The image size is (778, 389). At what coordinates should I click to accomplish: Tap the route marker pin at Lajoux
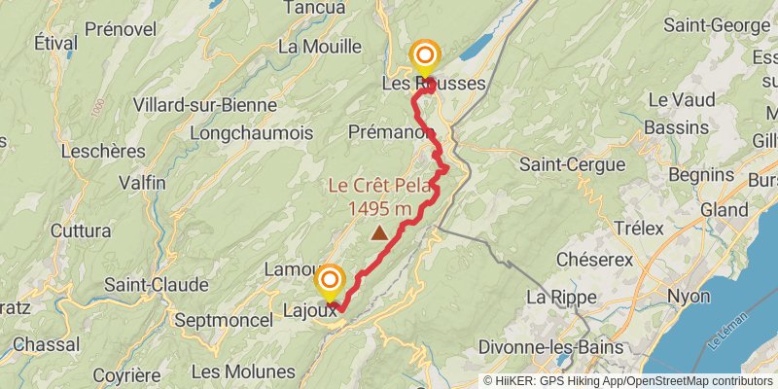click(x=329, y=281)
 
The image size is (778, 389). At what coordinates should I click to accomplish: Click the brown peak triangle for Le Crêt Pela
click(x=378, y=233)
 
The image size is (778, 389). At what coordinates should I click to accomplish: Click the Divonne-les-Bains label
click(x=558, y=347)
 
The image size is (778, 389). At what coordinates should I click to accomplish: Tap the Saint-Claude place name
click(x=157, y=285)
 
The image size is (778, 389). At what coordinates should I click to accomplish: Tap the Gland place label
click(x=725, y=209)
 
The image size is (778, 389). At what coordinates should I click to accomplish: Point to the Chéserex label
click(x=594, y=260)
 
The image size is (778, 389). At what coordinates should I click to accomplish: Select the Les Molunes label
click(x=243, y=371)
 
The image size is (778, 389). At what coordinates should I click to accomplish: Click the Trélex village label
click(x=639, y=228)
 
